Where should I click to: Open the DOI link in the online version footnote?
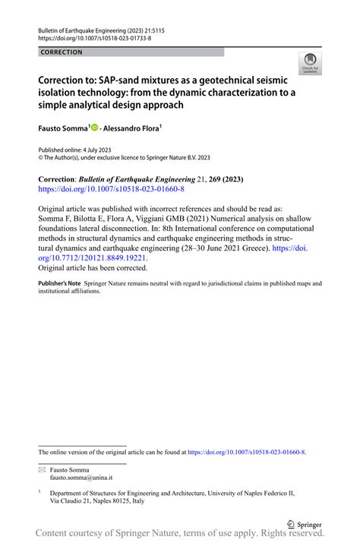(246, 452)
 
